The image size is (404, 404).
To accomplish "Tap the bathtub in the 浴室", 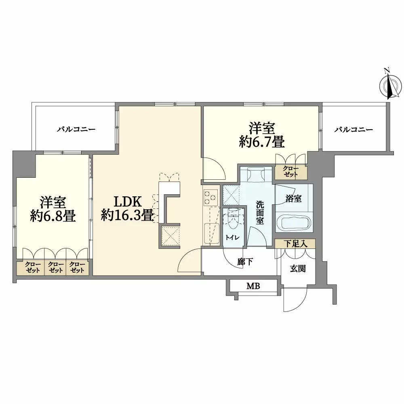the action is pos(294,222).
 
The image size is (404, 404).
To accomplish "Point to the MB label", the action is pos(253,286).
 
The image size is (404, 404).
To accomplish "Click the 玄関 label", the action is pos(298,269).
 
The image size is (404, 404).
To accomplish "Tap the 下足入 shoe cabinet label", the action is pos(295,244).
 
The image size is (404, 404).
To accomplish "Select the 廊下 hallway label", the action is pos(245,262).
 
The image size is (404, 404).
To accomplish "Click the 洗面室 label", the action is pos(260,213).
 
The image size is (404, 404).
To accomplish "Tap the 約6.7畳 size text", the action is pos(261,142).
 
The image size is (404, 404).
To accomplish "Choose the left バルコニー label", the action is pos(76,129).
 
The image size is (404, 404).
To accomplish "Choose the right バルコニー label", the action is pos(354,129).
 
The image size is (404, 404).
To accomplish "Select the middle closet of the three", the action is pos(55,268).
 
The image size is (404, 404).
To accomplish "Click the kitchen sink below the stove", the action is pos(211,234).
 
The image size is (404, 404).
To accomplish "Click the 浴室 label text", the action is pos(293,199).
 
